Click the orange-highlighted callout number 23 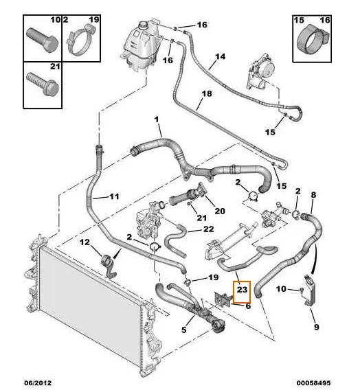[x=243, y=291]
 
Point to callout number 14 [x=221, y=56]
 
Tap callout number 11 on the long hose [x=114, y=196]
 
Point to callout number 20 [x=220, y=211]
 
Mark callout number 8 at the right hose [x=313, y=196]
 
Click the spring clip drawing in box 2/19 [x=82, y=41]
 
